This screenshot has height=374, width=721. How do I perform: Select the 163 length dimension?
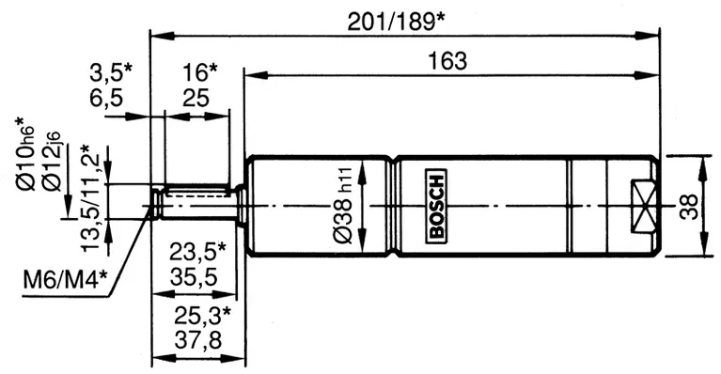[x=448, y=60]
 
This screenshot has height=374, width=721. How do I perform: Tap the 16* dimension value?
[x=198, y=71]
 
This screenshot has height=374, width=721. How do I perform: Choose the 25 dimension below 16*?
[x=196, y=96]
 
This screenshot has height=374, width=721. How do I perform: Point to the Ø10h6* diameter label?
[x=25, y=157]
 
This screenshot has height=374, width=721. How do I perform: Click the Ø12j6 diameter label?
[x=58, y=165]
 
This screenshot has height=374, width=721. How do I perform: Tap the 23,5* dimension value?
[x=197, y=251]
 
